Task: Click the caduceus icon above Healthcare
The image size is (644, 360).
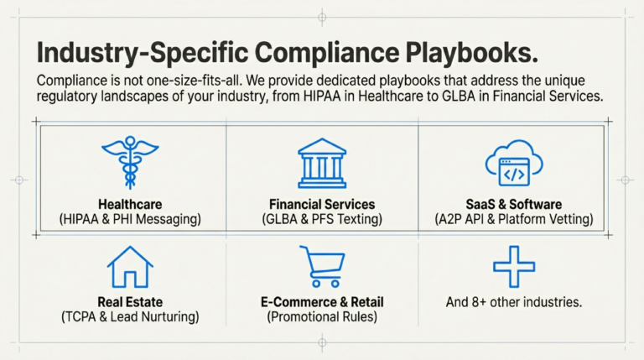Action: [129, 160]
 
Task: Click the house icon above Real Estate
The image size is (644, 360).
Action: [130, 267]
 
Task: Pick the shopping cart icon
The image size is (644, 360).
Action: [322, 267]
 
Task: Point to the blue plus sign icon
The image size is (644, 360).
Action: [513, 268]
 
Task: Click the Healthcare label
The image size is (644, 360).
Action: [130, 204]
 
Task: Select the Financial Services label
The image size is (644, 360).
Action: [322, 204]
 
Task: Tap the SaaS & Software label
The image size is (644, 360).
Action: [514, 204]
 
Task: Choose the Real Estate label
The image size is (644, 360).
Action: [130, 301]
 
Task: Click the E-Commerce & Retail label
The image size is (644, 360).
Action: [322, 301]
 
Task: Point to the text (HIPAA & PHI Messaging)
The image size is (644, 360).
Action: [130, 219]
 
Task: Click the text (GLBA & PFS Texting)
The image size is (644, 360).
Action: [322, 219]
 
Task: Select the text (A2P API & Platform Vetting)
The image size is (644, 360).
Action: [514, 219]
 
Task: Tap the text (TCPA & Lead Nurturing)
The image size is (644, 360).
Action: [130, 316]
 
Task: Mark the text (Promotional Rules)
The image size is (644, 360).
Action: [322, 316]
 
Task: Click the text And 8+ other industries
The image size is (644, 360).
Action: [514, 301]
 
